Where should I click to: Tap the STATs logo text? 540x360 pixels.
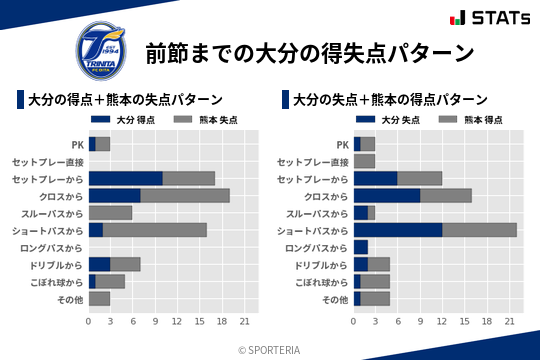[x=491, y=18]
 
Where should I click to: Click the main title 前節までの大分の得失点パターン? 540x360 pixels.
[x=308, y=53]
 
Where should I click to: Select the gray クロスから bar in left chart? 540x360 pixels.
[x=184, y=195]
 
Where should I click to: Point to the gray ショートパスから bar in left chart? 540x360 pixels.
[x=154, y=230]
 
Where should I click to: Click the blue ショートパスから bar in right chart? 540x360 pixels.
[x=397, y=230]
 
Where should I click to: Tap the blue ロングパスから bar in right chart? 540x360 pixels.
[x=360, y=247]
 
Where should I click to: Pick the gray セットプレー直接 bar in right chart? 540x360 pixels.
[x=364, y=161]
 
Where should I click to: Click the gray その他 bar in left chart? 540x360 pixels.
[x=99, y=298]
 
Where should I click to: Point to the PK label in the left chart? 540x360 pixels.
[x=77, y=144]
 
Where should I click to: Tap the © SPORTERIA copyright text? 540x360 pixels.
[x=270, y=349]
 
